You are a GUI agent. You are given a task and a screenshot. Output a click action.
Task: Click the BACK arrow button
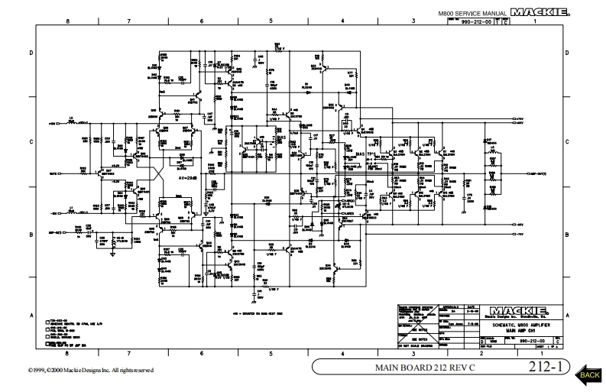(589, 372)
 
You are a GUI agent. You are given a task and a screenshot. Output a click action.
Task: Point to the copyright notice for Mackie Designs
(79, 371)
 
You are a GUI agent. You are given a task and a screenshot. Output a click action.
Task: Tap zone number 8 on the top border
(68, 21)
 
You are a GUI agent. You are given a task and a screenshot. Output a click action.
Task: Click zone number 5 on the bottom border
(271, 354)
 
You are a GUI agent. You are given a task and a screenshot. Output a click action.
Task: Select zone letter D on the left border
(31, 53)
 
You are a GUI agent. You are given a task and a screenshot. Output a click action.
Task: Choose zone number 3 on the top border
(413, 21)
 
